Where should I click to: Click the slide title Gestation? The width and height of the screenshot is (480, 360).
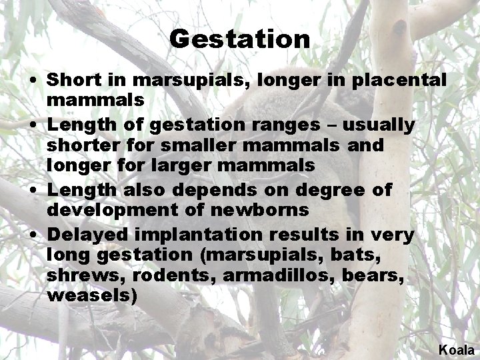point(239,39)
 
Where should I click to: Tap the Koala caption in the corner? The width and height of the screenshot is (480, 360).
point(456,349)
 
